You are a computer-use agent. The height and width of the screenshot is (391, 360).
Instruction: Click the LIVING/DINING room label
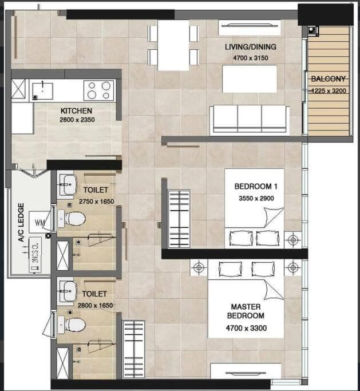pos(251,46)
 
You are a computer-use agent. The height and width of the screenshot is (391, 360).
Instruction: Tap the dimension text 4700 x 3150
pos(251,58)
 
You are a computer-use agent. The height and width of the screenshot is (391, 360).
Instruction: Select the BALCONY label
pos(329,79)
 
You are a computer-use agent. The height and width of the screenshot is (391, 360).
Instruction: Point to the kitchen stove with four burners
pos(99,90)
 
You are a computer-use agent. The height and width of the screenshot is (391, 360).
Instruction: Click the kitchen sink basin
pos(42,91)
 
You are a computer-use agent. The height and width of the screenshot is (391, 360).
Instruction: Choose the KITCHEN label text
pos(76,110)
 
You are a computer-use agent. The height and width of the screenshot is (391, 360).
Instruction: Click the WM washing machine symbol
pos(39,222)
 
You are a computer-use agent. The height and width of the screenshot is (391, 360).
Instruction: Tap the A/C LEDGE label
pos(21,222)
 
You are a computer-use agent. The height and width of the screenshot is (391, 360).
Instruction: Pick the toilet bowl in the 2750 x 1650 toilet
pos(72,219)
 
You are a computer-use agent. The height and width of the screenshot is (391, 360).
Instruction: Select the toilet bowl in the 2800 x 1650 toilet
pos(72,325)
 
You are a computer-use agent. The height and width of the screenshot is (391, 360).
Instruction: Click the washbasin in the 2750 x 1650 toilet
pos(68,184)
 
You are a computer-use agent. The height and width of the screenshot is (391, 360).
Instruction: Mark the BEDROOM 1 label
pos(256,186)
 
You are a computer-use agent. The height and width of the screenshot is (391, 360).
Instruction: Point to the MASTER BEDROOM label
pos(246,311)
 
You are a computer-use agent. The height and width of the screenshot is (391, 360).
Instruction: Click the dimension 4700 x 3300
pos(246,328)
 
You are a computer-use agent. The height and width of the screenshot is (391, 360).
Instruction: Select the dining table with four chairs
pos(173,45)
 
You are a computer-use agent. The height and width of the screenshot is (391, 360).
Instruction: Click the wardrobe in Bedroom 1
pos(179,219)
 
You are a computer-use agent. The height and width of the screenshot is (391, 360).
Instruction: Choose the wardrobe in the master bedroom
pos(134,350)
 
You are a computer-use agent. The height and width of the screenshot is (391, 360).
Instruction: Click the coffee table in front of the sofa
pos(250,79)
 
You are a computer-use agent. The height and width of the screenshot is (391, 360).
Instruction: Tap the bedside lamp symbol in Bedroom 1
pos(292,240)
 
